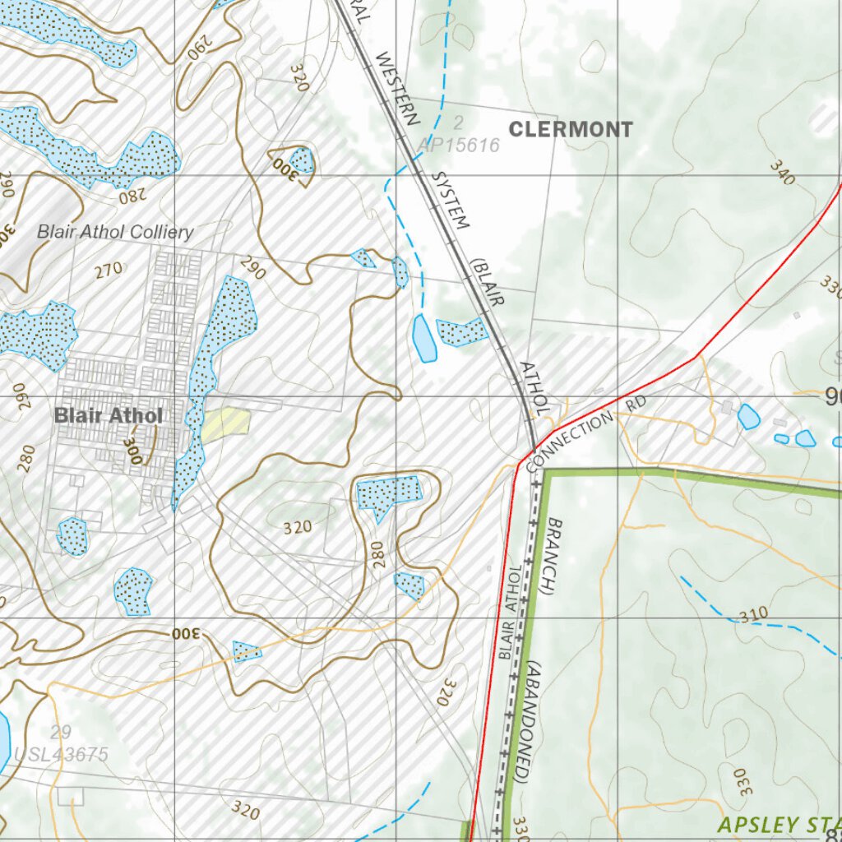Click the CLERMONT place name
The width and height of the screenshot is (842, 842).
571,129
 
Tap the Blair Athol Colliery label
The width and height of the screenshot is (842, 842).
115,232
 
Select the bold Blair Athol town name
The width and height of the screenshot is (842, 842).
109,415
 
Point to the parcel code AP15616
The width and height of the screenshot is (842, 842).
458,146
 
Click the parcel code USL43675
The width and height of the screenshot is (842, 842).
62,754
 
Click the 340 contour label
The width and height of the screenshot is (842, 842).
783,172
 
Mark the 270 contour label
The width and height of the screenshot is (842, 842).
108,268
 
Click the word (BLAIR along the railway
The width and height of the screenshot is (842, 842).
487,285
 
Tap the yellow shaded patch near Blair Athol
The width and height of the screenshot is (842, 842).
224,424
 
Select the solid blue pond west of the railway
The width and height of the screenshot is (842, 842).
423,338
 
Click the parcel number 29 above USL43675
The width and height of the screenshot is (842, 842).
60,733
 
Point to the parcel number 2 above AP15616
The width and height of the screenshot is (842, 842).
458,123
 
